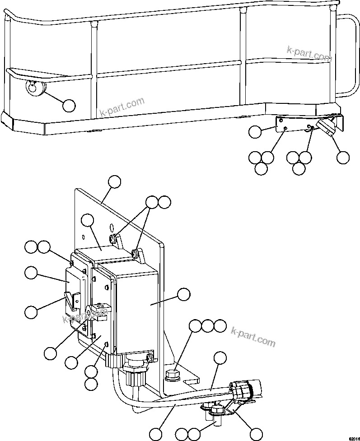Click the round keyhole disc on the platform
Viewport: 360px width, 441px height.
click(x=33, y=88)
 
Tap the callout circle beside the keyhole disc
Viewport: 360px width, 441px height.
click(x=69, y=106)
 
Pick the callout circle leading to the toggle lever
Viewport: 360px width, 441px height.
click(x=31, y=312)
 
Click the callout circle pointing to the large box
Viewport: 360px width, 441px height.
click(x=183, y=295)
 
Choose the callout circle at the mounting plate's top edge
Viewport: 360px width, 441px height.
click(x=115, y=182)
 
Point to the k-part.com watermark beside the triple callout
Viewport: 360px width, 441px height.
click(x=253, y=337)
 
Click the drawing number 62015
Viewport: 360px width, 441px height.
click(x=353, y=438)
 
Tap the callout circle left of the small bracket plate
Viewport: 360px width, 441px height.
click(x=256, y=132)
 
